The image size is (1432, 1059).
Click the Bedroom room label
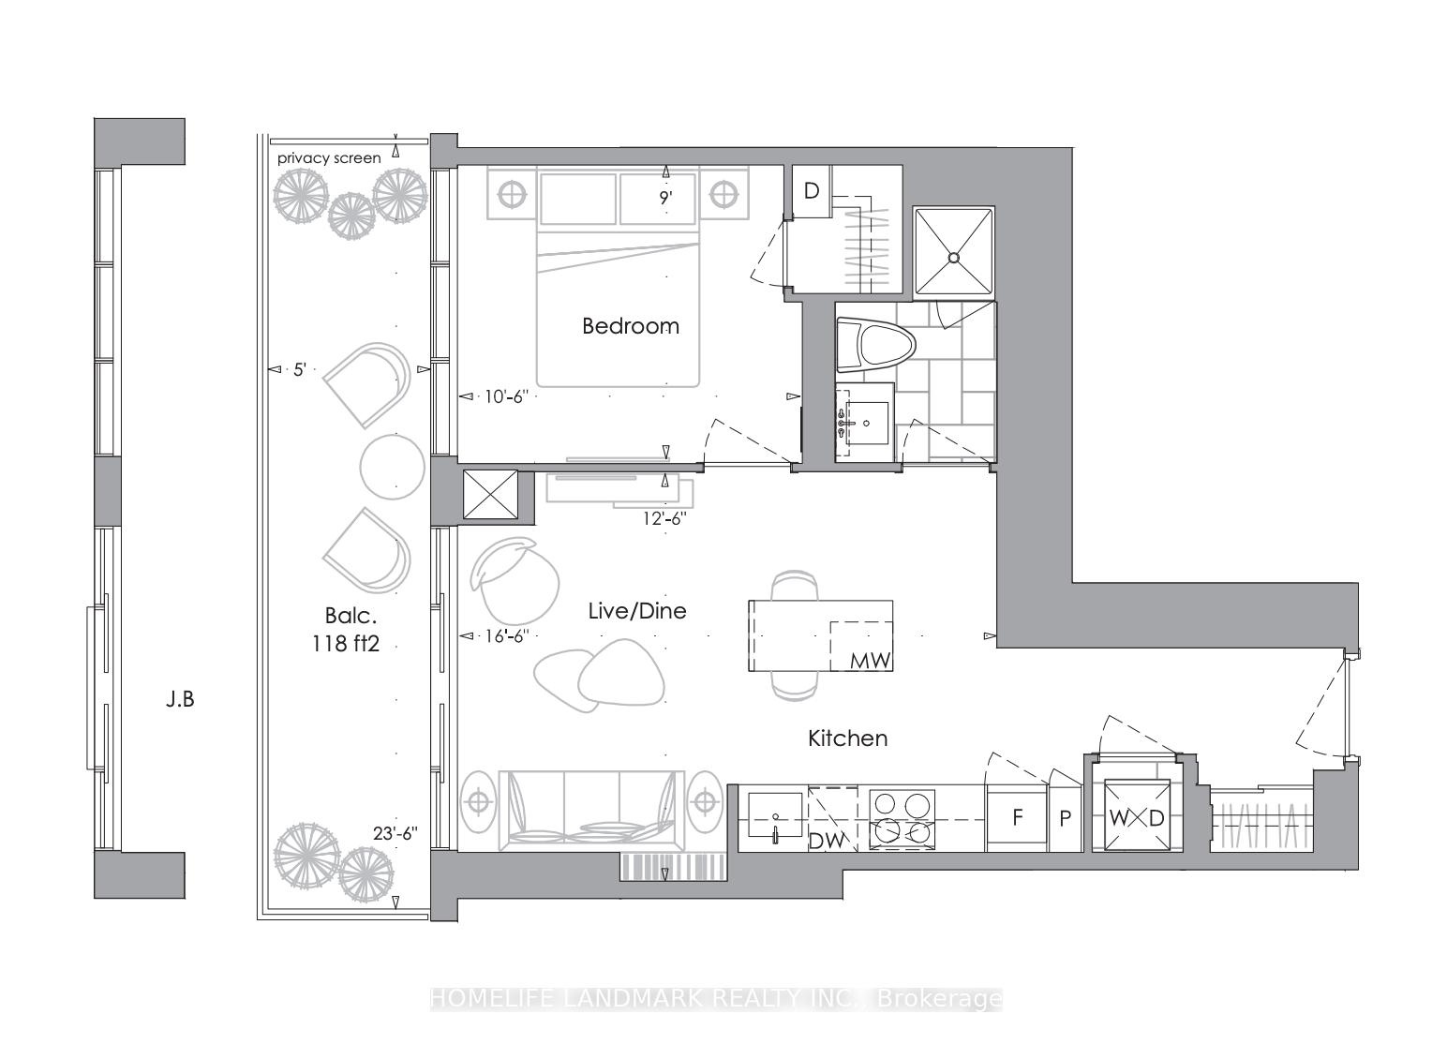tap(630, 326)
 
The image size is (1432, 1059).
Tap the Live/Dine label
tap(637, 611)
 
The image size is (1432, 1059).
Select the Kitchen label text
tap(848, 738)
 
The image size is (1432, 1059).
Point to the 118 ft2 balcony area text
tap(346, 644)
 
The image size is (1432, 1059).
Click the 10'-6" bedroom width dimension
tap(507, 396)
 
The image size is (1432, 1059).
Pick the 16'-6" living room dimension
tap(507, 636)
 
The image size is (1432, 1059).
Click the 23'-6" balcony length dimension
tap(395, 834)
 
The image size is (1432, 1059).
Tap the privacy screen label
tap(329, 158)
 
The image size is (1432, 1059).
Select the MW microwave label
tap(871, 660)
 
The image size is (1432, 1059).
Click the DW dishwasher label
tap(827, 841)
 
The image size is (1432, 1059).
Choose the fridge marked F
tap(1017, 818)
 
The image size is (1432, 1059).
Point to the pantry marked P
tap(1066, 818)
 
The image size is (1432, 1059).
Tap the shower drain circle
tap(954, 258)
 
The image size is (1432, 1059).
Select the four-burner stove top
tap(902, 818)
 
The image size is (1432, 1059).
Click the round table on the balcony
tap(392, 466)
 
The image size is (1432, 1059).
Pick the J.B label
tap(180, 699)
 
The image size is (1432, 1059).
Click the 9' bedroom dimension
tap(666, 198)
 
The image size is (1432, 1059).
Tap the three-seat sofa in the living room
tap(591, 811)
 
